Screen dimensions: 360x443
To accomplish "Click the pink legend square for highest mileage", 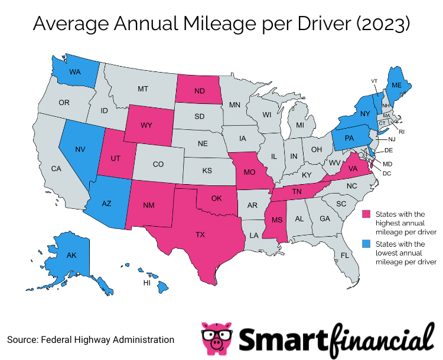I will tap(366, 214).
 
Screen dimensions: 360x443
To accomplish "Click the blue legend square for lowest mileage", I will tap(366, 244).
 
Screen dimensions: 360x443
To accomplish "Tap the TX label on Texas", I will tap(201, 234).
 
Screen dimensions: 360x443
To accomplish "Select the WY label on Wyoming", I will tap(147, 125).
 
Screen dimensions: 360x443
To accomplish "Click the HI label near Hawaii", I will tap(147, 283).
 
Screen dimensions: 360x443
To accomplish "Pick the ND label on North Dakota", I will tap(200, 91).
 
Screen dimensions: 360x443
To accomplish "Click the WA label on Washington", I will tap(75, 73).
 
